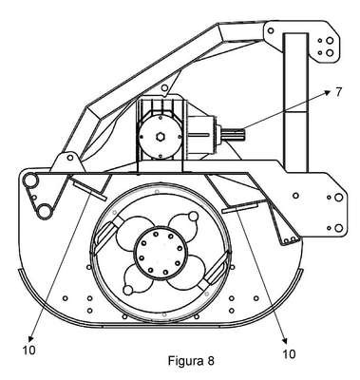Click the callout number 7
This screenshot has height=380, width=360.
tap(338, 92)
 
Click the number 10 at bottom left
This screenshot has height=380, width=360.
tap(28, 350)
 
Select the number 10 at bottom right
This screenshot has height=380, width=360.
tap(289, 353)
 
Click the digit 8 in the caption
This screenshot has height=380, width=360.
tap(211, 360)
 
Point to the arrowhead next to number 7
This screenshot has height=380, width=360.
tap(329, 91)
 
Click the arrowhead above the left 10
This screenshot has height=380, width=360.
tap(31, 337)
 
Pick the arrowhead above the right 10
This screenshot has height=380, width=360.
tap(285, 340)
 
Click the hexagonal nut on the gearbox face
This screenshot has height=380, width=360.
tap(160, 137)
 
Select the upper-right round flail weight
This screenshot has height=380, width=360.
tap(193, 217)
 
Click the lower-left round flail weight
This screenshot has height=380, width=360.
tap(127, 290)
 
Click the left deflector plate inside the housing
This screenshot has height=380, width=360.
tap(89, 190)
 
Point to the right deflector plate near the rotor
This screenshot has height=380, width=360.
tap(239, 208)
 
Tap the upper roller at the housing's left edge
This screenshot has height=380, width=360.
tap(30, 181)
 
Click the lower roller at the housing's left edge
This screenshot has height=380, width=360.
tap(44, 211)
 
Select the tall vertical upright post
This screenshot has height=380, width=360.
tap(296, 103)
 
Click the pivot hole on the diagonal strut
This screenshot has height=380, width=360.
tap(164, 87)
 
